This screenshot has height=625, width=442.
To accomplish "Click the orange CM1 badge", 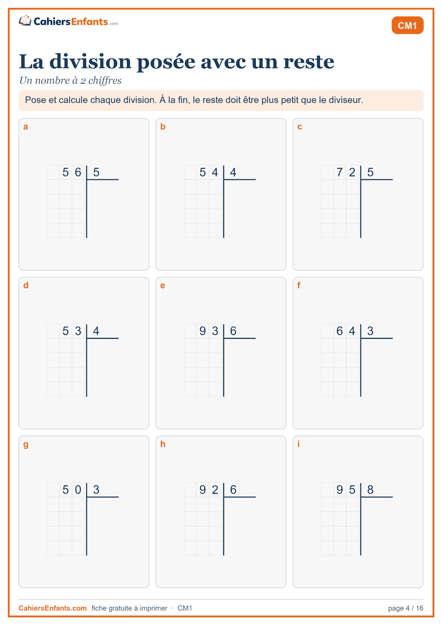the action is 407,25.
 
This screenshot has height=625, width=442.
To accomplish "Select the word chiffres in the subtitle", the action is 105,81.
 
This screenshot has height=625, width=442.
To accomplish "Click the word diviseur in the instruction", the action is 346,100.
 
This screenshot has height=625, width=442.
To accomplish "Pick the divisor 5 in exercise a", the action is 96,172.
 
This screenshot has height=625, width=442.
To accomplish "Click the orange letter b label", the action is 163,127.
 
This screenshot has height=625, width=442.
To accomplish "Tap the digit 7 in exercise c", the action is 340,172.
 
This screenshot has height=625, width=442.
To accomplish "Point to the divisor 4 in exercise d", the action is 96,331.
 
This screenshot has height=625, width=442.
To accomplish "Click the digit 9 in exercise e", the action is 202,331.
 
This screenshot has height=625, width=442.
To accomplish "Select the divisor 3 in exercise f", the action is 370,331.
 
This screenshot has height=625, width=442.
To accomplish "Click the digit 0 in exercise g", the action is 78,490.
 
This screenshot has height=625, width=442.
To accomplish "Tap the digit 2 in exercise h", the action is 215,490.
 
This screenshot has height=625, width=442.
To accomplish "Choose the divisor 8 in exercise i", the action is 370,490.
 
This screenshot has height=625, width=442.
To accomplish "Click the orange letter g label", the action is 26,445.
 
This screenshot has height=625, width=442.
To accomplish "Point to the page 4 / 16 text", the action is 406,608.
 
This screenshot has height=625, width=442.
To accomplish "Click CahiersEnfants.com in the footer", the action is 53,608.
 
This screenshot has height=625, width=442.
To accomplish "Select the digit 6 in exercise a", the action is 78,172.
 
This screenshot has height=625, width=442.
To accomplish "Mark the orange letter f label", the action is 299,285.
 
